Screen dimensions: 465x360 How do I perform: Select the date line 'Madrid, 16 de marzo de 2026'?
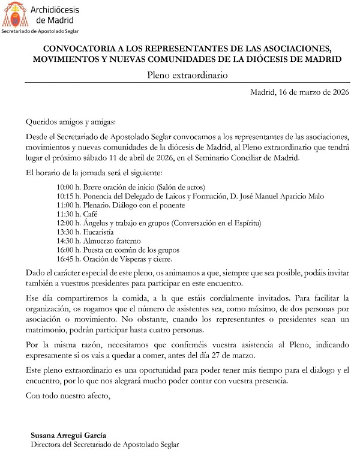click(x=299, y=92)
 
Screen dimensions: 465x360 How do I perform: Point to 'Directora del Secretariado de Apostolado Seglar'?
click(x=104, y=445)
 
